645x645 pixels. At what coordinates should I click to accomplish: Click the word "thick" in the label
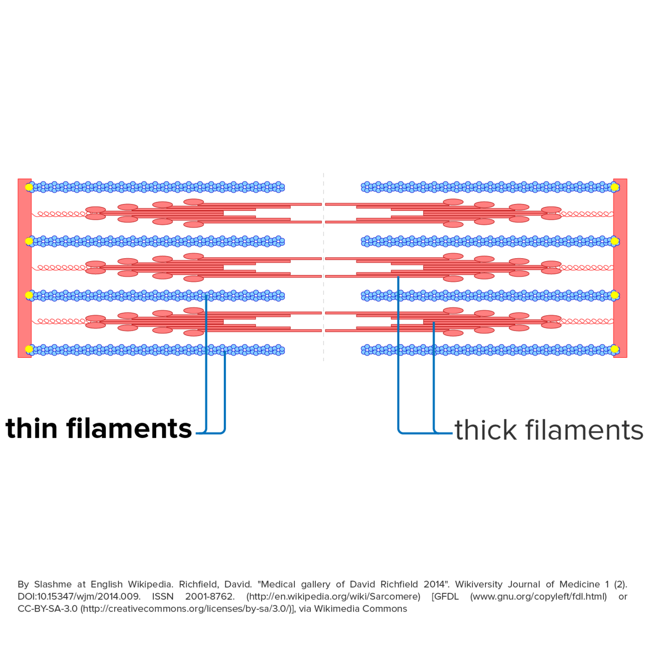(x=485, y=430)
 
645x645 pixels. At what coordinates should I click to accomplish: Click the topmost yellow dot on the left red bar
(x=29, y=187)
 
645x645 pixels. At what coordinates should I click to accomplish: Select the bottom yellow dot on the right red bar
(x=615, y=349)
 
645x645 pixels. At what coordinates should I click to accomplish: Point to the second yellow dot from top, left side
(x=29, y=241)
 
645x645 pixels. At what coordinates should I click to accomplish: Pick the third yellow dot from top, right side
(x=615, y=295)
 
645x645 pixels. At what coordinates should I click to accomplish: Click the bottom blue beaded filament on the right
(x=486, y=350)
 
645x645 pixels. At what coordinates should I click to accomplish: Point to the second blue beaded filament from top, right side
(x=486, y=241)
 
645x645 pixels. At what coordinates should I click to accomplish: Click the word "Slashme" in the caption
(x=53, y=585)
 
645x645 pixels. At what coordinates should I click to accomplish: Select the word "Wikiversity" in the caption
(x=476, y=585)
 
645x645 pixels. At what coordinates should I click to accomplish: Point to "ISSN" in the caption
(x=163, y=597)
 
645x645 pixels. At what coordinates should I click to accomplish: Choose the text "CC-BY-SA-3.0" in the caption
(x=47, y=609)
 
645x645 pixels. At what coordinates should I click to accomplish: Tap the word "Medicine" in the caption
(x=579, y=585)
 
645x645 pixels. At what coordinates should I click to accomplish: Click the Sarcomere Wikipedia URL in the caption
(x=333, y=597)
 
